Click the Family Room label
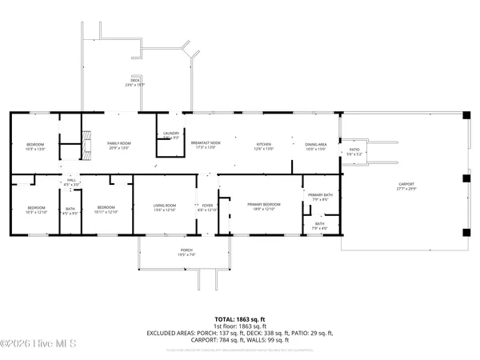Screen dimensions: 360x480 tap(119, 145)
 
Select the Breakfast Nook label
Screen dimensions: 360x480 tap(205, 145)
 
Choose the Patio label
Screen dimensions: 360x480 tap(353, 150)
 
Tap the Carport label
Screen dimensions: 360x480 tap(406, 187)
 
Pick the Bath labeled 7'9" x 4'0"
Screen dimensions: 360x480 tap(318, 226)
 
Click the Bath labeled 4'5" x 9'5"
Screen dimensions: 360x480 tap(70, 211)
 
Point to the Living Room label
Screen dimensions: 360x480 tap(164, 206)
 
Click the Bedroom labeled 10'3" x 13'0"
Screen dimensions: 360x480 tap(35, 146)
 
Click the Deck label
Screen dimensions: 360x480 tap(136, 82)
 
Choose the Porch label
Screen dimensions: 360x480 tap(186, 252)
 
